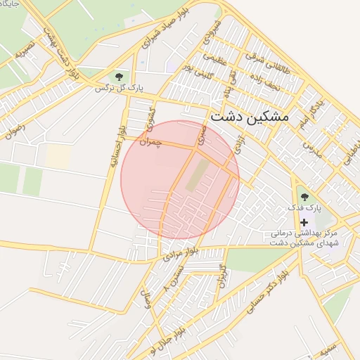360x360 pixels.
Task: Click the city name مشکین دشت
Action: [x=249, y=117]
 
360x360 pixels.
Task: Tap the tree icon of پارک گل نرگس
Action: [x=118, y=76]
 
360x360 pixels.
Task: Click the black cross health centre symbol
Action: [x=304, y=221]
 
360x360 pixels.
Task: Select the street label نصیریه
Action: [x=25, y=51]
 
